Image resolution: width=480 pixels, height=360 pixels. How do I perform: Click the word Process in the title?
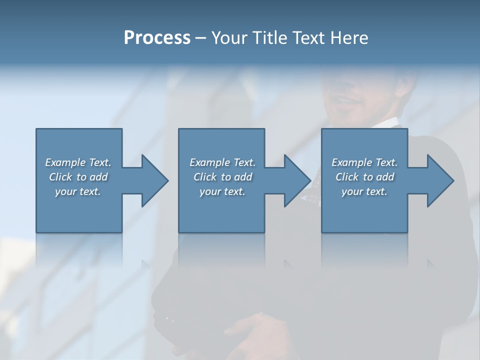click(x=157, y=38)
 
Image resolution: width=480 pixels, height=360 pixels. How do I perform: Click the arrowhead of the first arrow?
click(x=155, y=180)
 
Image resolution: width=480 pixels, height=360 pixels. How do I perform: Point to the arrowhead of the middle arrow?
click(x=297, y=180)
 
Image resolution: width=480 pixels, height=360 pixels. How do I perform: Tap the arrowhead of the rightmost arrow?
click(x=440, y=180)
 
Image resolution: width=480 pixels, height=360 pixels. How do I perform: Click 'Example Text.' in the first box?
click(x=78, y=162)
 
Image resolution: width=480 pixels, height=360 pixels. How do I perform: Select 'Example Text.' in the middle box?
click(x=222, y=162)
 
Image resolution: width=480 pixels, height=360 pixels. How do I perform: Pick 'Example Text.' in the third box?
click(x=364, y=162)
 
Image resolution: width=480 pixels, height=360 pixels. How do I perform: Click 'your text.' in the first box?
click(x=78, y=191)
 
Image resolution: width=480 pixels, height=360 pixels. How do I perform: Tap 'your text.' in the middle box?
click(x=222, y=191)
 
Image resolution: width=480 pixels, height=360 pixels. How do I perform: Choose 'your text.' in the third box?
click(x=364, y=191)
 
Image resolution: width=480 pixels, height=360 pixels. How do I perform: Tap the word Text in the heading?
click(x=307, y=38)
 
